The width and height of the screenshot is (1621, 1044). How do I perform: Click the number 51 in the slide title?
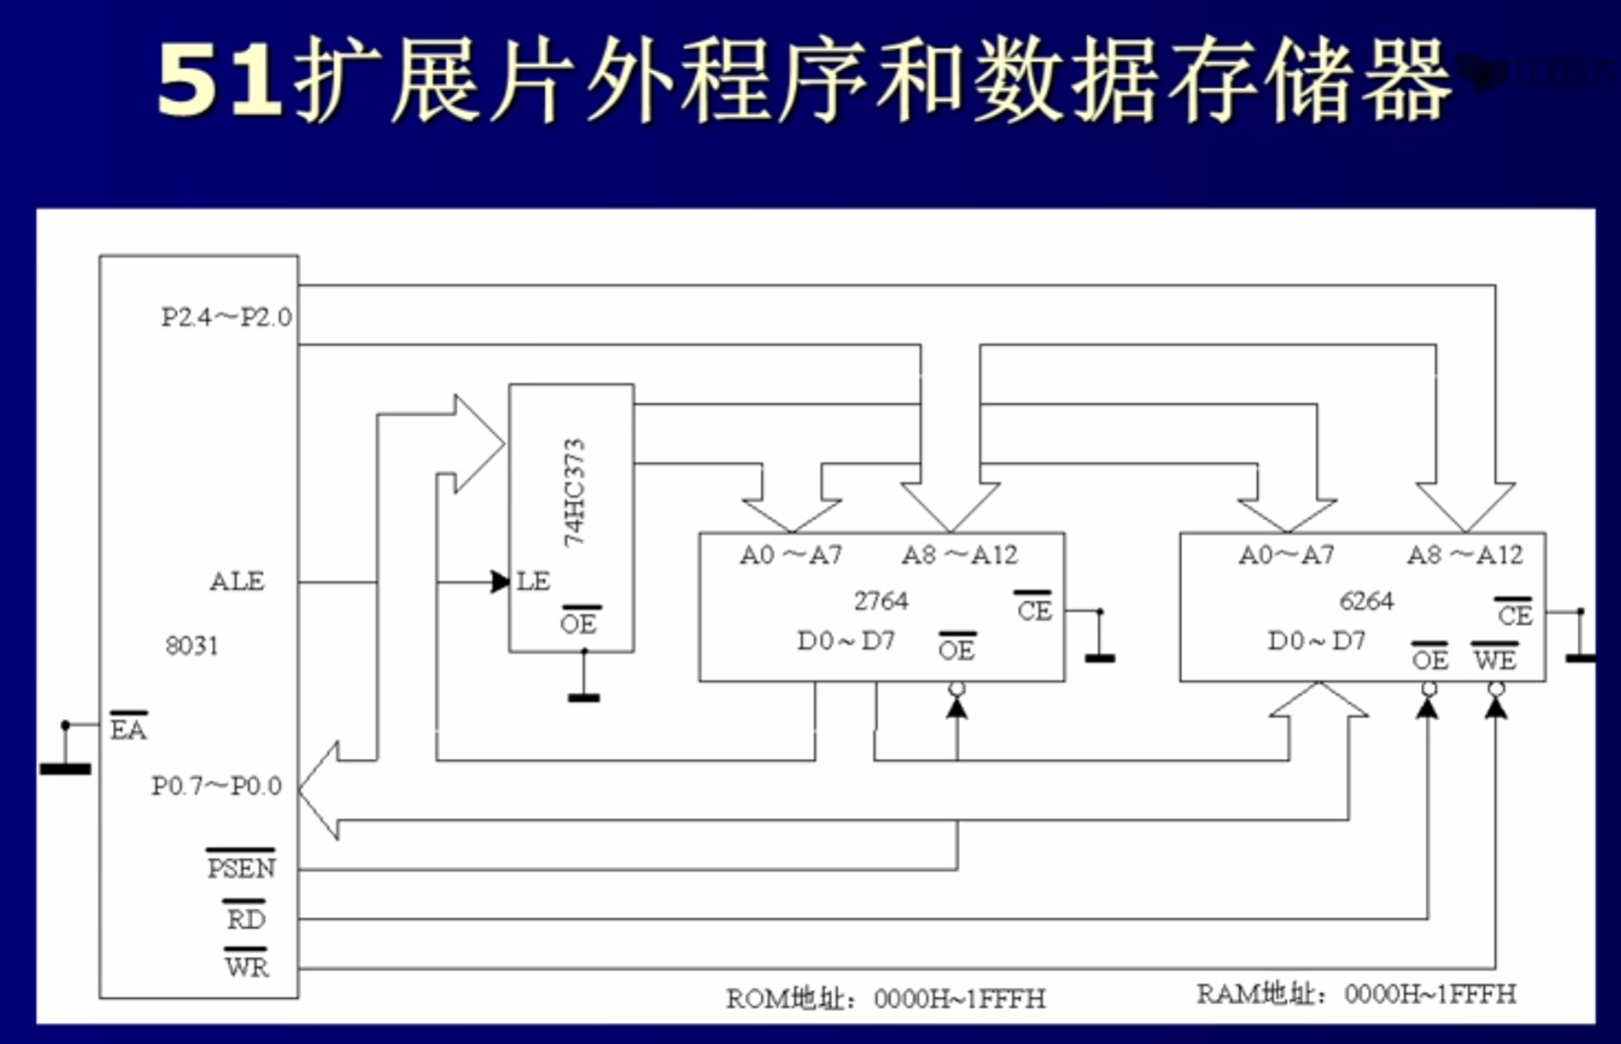pyautogui.click(x=219, y=82)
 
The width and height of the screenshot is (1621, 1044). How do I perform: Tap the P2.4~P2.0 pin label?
pyautogui.click(x=226, y=318)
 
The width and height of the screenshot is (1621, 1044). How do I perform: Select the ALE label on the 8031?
pyautogui.click(x=237, y=582)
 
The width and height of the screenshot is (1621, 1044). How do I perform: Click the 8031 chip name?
pyautogui.click(x=192, y=646)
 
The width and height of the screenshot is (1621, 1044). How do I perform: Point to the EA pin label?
pyautogui.click(x=128, y=729)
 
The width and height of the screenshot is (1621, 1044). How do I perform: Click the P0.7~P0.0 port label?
pyautogui.click(x=216, y=786)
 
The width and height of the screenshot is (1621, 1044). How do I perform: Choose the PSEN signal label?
pyautogui.click(x=241, y=868)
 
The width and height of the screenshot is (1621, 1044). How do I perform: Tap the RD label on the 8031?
pyautogui.click(x=246, y=919)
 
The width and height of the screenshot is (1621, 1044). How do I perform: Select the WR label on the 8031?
pyautogui.click(x=247, y=967)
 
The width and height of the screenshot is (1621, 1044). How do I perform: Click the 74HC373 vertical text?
pyautogui.click(x=575, y=492)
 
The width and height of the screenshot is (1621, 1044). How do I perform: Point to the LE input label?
pyautogui.click(x=533, y=582)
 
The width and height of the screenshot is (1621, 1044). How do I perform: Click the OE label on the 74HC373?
pyautogui.click(x=579, y=623)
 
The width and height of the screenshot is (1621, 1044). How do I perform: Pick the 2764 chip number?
pyautogui.click(x=880, y=601)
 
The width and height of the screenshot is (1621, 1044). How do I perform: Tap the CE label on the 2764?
pyautogui.click(x=1034, y=610)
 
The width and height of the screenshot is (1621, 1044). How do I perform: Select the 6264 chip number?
pyautogui.click(x=1366, y=601)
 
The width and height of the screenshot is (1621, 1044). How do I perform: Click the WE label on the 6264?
pyautogui.click(x=1494, y=660)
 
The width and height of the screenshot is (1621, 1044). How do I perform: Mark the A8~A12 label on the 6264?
pyautogui.click(x=1464, y=555)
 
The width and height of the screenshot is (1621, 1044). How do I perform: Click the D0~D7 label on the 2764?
pyautogui.click(x=845, y=641)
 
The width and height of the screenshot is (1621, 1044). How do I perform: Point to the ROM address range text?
pyautogui.click(x=885, y=999)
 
